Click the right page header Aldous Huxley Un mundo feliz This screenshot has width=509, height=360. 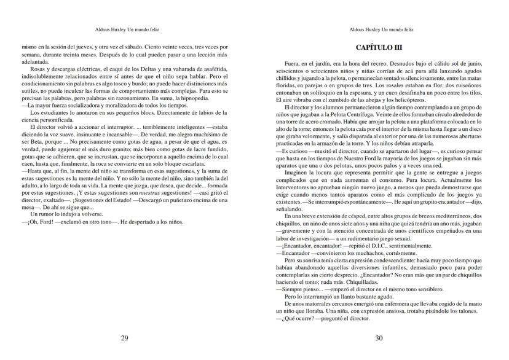(378, 28)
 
